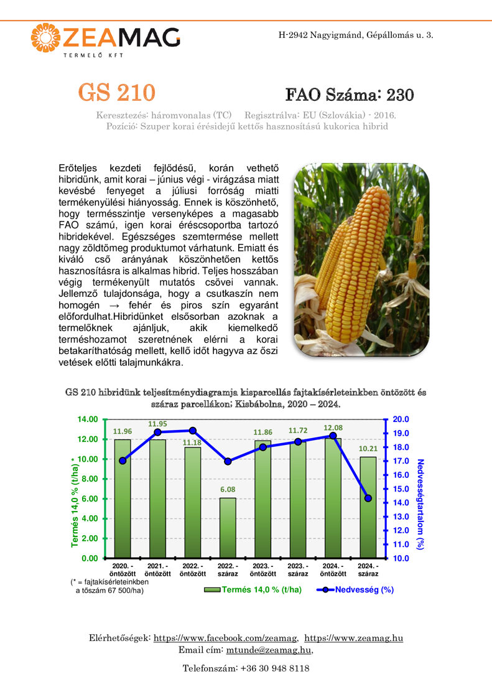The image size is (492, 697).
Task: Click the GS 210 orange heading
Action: (x=116, y=93)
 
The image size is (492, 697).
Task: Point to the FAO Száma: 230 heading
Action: (x=350, y=95)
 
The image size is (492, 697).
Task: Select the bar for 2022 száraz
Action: (x=228, y=528)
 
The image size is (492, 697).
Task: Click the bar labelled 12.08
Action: (x=333, y=498)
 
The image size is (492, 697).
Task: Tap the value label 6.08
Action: (x=228, y=490)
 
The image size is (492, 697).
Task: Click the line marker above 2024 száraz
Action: (x=368, y=498)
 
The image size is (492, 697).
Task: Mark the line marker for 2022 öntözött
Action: (x=193, y=431)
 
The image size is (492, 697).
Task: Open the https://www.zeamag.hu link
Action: (x=353, y=638)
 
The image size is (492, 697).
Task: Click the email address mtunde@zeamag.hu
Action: (x=269, y=650)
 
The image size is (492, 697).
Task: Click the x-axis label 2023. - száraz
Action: (x=298, y=569)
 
